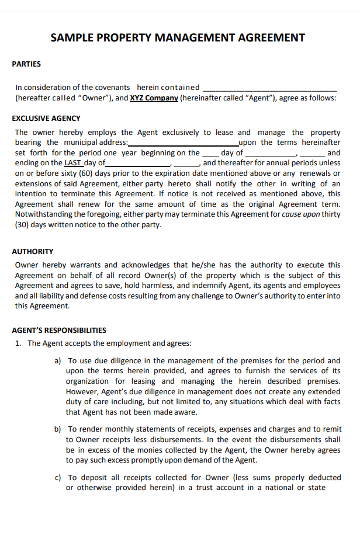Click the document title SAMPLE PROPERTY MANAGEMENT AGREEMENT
(x=178, y=38)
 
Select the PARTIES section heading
(x=26, y=64)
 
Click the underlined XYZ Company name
(x=154, y=98)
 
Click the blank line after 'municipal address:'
(x=183, y=143)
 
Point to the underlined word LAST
(x=73, y=163)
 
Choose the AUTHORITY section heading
(x=33, y=251)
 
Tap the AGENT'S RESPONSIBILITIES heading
(x=59, y=330)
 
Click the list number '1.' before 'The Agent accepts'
(x=19, y=343)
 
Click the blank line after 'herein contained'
(x=269, y=88)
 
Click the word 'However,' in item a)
(x=84, y=391)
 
